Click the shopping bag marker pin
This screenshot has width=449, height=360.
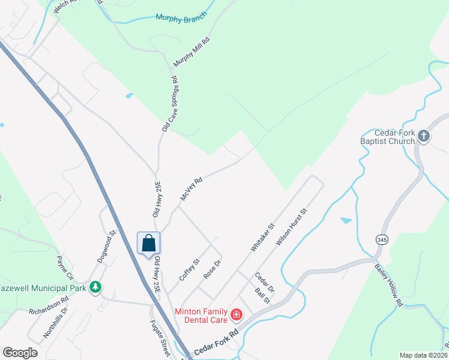148,244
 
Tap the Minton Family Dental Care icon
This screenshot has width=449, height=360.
237,314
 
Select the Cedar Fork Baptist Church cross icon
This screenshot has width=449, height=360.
424,136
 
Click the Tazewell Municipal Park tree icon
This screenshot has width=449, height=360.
95,288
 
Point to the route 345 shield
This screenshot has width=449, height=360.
382,239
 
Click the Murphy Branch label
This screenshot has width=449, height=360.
181,17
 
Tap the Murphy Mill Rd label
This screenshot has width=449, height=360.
191,52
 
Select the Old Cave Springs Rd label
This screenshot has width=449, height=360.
170,104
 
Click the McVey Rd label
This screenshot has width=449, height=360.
191,188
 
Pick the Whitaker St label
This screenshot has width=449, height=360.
262,238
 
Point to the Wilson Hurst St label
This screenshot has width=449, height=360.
291,227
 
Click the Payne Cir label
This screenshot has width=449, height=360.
65,268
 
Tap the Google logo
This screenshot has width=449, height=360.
20,353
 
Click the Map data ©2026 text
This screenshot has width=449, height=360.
423,355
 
